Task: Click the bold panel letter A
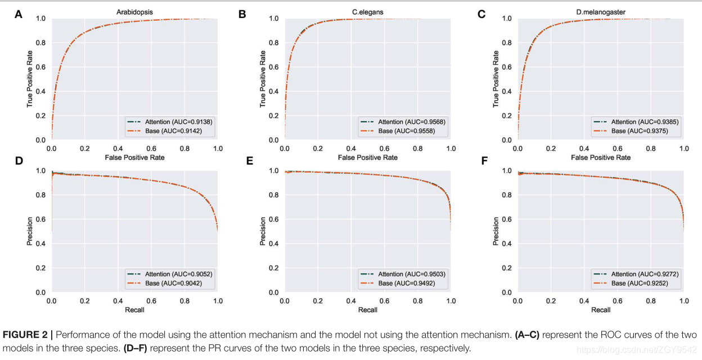pos(19,15)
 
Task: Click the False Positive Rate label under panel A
pos(135,157)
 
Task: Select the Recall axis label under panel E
pos(368,310)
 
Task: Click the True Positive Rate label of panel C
pos(496,79)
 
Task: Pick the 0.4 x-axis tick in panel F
pos(584,301)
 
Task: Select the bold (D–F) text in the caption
pos(135,348)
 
